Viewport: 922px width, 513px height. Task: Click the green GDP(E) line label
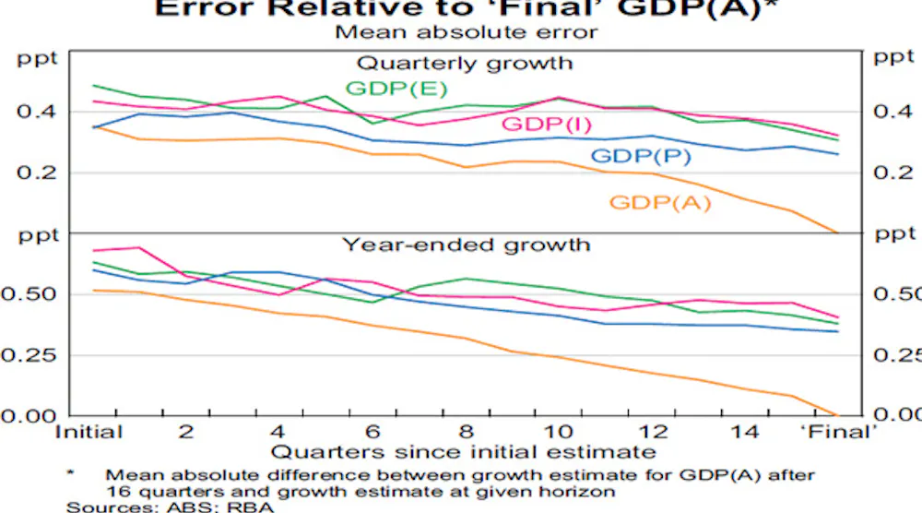click(396, 89)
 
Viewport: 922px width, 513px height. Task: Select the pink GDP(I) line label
click(547, 125)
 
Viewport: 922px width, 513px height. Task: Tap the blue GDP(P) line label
click(642, 157)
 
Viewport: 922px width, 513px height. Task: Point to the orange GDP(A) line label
click(660, 202)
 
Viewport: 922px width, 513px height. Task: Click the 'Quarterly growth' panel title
click(465, 63)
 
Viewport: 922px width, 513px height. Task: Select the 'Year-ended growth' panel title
click(466, 245)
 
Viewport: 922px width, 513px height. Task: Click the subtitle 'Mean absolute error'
click(466, 32)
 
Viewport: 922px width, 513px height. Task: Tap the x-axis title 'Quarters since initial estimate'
click(463, 452)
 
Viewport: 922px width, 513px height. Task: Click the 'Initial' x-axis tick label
click(89, 432)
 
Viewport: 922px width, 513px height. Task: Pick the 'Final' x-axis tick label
click(839, 432)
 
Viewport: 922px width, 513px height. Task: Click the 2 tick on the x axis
click(185, 432)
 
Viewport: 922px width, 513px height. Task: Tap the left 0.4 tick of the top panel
click(37, 112)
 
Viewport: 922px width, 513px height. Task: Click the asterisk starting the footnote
click(71, 473)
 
